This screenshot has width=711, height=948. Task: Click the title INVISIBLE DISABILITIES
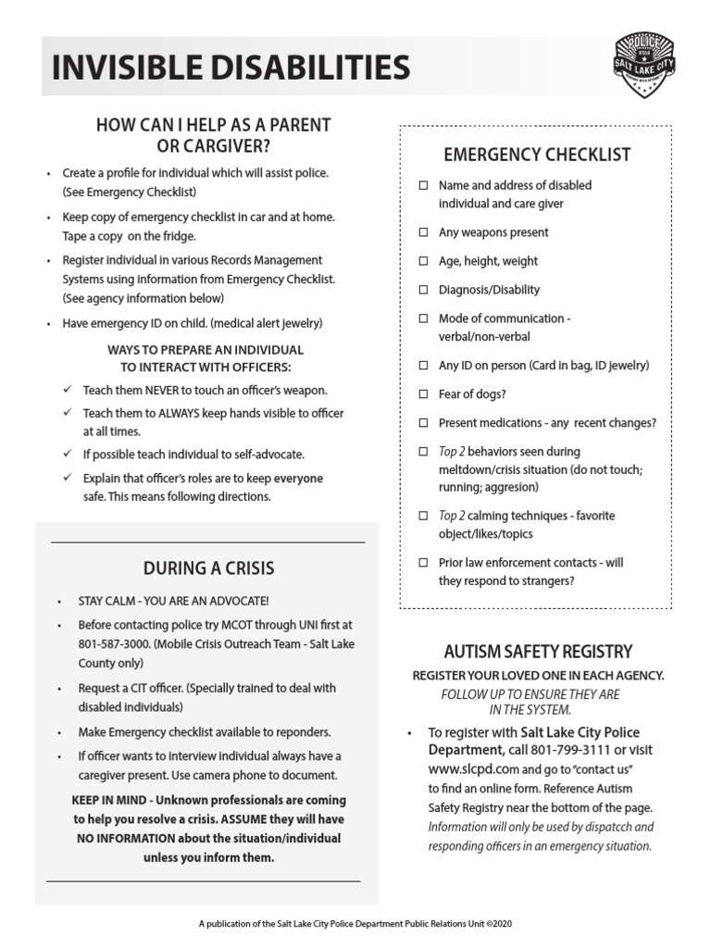pos(231,68)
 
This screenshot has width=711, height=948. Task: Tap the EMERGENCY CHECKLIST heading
pos(537,155)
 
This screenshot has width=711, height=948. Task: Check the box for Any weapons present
pos(423,232)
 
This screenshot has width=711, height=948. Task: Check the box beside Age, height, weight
pos(423,261)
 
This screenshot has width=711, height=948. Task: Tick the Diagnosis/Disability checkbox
pos(423,290)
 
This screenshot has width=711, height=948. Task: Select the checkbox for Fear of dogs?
pos(423,394)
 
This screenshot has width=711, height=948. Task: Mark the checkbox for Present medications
pos(423,423)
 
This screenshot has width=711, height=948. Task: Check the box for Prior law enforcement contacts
pos(423,563)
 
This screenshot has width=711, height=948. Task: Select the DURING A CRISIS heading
pos(208,568)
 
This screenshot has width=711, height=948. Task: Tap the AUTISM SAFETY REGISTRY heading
pos(537,652)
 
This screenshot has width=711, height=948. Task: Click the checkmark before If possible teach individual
pos(67,454)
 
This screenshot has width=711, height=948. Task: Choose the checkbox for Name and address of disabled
pos(423,185)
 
